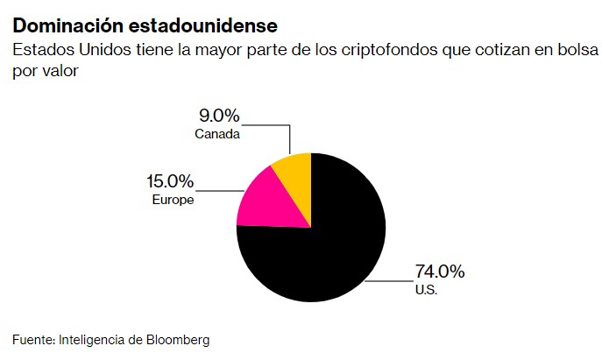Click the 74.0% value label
point(439,272)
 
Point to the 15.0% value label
point(168,182)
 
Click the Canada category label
point(217,134)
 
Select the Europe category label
point(173,200)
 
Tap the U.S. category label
point(426,289)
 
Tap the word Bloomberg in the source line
point(179,338)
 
